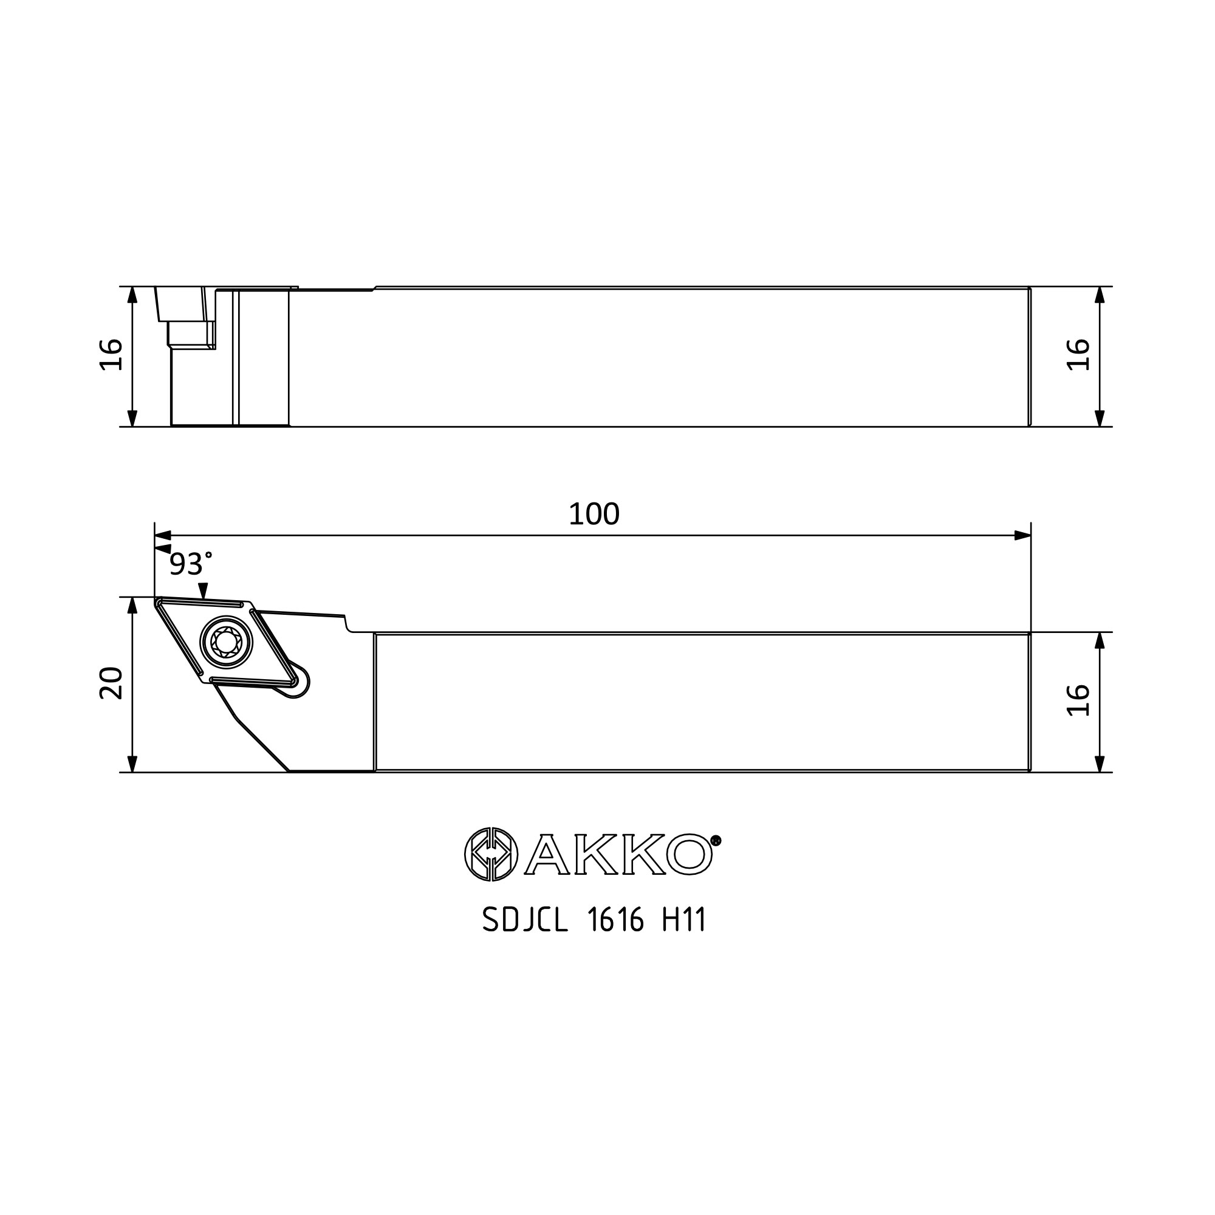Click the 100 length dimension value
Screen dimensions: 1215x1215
click(594, 515)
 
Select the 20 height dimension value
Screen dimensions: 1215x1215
click(111, 683)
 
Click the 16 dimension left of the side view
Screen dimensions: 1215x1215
click(111, 355)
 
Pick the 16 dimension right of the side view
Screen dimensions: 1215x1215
click(1078, 355)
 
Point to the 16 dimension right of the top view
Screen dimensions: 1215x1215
click(1078, 699)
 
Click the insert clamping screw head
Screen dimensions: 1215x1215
click(226, 642)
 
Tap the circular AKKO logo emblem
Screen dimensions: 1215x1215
click(491, 854)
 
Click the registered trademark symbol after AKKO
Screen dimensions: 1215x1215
click(715, 840)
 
